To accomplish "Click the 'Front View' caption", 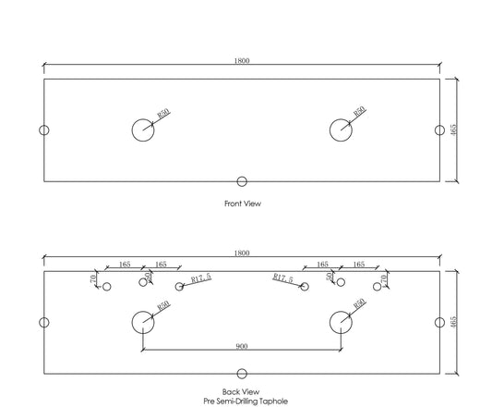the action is pyautogui.click(x=243, y=204).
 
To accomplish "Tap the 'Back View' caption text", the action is pyautogui.click(x=241, y=392).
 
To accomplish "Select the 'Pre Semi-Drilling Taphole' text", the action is pyautogui.click(x=246, y=401).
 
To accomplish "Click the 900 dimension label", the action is pyautogui.click(x=242, y=346).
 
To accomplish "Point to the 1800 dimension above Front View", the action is pyautogui.click(x=242, y=61).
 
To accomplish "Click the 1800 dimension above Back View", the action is pyautogui.click(x=242, y=253).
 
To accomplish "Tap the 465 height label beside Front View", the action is pyautogui.click(x=453, y=130).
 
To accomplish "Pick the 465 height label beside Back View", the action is pyautogui.click(x=453, y=322).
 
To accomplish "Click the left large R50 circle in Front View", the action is pyautogui.click(x=132, y=130).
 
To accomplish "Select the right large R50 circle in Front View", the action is pyautogui.click(x=330, y=130).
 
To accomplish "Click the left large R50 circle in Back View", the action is pyautogui.click(x=132, y=323).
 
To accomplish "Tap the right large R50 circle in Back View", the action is pyautogui.click(x=330, y=323).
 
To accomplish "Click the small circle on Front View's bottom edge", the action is pyautogui.click(x=242, y=177).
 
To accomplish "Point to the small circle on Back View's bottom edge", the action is pyautogui.click(x=242, y=369).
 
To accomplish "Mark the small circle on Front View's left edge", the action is pyautogui.click(x=40, y=130).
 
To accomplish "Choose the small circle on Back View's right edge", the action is pyautogui.click(x=444, y=323).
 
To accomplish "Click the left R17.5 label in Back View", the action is pyautogui.click(x=201, y=278).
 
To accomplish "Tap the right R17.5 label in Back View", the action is pyautogui.click(x=282, y=278).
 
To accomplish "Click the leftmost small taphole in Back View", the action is pyautogui.click(x=103, y=287).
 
